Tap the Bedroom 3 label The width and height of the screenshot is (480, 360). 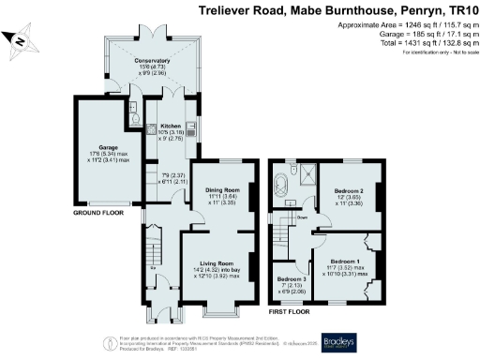(291, 279)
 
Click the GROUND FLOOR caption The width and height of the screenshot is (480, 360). (99, 213)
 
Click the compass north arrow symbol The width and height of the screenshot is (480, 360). (20, 38)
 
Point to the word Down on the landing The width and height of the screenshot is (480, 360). (302, 218)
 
